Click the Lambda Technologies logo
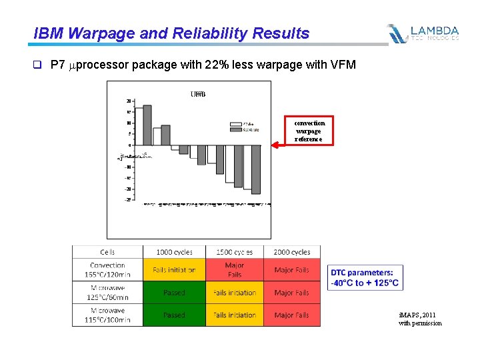click(x=423, y=33)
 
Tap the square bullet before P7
click(x=38, y=65)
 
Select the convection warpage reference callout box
click(x=309, y=131)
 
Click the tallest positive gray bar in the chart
click(x=147, y=125)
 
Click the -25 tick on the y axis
click(x=127, y=200)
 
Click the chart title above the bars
click(x=198, y=94)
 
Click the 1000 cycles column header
click(x=174, y=252)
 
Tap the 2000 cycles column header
click(x=292, y=252)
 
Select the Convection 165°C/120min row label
click(x=107, y=270)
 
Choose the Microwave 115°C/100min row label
click(x=107, y=315)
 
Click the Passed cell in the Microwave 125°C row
click(x=174, y=293)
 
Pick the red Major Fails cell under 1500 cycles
click(x=234, y=270)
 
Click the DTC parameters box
click(x=365, y=278)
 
